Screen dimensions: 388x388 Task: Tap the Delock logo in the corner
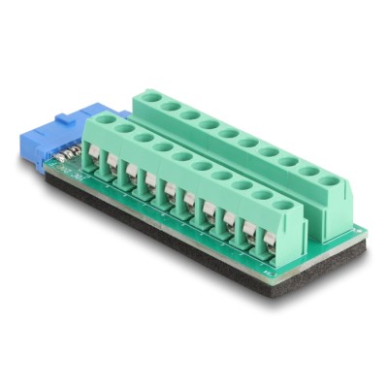coord(349,368)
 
